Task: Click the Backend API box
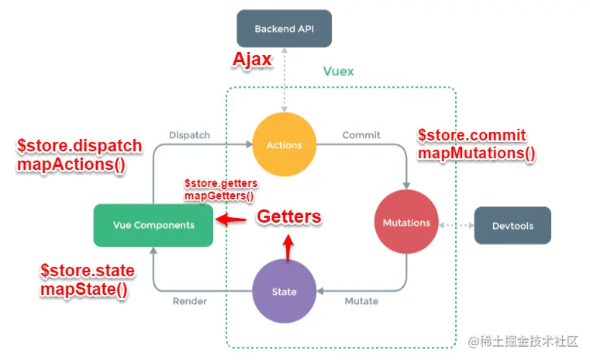tap(284, 29)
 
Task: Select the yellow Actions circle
tap(284, 145)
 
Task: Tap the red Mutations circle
tap(406, 223)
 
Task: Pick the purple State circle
tap(284, 292)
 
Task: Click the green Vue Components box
tap(153, 225)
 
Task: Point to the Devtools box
tap(512, 226)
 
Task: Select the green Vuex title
tap(338, 71)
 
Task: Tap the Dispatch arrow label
tap(189, 135)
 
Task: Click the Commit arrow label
tap(361, 135)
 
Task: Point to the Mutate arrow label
tap(361, 301)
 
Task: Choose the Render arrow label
tap(189, 301)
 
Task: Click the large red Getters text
tap(288, 216)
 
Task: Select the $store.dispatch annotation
tap(79, 146)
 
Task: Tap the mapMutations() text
tap(476, 153)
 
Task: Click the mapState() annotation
tap(85, 289)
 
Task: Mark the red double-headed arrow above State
tap(288, 247)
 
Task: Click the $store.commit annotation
tap(471, 135)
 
